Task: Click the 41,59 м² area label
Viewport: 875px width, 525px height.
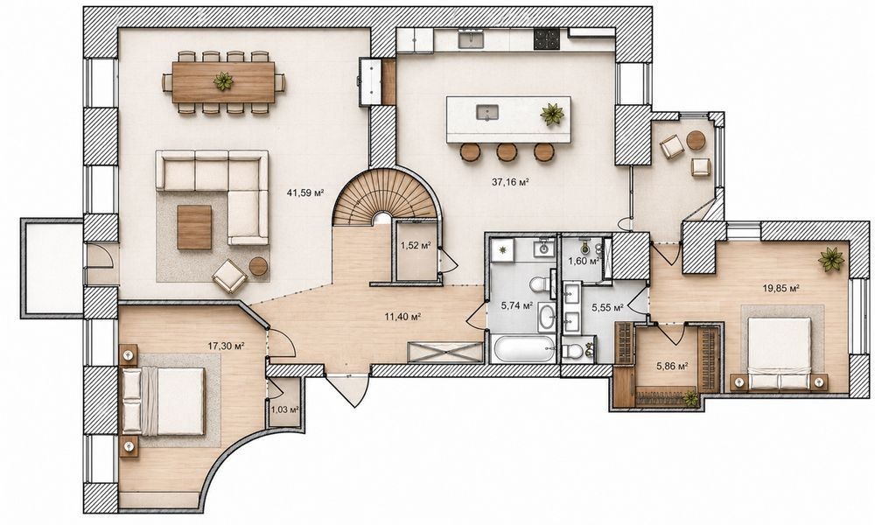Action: [x=305, y=193]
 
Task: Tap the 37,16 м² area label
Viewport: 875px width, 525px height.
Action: [x=510, y=181]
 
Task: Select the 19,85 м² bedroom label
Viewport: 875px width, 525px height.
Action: [x=781, y=289]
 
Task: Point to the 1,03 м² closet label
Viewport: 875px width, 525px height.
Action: [x=284, y=409]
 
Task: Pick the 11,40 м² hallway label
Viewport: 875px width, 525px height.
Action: [x=402, y=317]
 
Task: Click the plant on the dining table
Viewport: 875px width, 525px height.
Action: [x=223, y=81]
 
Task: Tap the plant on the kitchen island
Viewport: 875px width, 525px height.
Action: [x=552, y=115]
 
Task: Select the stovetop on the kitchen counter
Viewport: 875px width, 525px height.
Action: [x=546, y=39]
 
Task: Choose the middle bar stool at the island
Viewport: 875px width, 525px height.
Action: [x=507, y=151]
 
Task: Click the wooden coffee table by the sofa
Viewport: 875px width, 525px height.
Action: [x=195, y=227]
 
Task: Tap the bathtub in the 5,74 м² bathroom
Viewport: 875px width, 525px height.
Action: [x=524, y=349]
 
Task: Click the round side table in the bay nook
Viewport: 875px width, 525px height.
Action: [x=696, y=140]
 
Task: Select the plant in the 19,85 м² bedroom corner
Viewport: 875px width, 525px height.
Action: [x=831, y=259]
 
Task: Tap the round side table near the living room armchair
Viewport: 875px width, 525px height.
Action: [x=258, y=267]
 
